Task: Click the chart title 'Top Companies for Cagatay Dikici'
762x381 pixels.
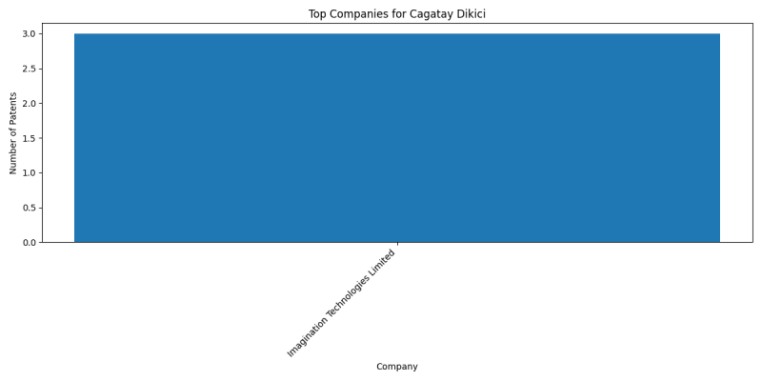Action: tap(397, 14)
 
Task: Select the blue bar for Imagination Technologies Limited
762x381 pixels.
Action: tap(397, 138)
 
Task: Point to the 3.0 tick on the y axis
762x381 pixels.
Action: tap(29, 34)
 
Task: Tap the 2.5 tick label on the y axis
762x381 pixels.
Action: tap(29, 69)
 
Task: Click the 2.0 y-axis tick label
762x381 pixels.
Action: tap(29, 104)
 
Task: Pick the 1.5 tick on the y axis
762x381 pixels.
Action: tap(29, 138)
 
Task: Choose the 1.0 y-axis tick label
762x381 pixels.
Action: tap(29, 173)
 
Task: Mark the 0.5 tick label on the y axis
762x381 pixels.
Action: tap(29, 208)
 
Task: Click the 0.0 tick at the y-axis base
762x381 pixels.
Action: tap(29, 243)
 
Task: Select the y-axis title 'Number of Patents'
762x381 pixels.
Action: tap(13, 133)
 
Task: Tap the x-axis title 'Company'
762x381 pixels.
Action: tap(397, 367)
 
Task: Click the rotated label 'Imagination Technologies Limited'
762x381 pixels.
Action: tap(341, 304)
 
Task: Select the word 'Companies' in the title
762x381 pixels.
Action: tap(355, 14)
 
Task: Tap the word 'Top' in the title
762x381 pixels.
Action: tap(317, 14)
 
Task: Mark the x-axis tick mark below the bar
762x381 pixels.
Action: tap(397, 244)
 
